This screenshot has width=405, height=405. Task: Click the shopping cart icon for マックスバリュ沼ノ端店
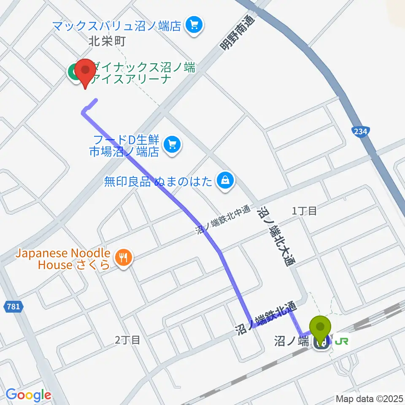click(194, 26)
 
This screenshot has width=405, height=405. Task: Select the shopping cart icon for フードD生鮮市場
click(172, 146)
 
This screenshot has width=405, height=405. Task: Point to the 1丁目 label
click(305, 211)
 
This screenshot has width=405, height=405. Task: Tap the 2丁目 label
click(127, 340)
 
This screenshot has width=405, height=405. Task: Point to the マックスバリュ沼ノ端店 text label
click(117, 26)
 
